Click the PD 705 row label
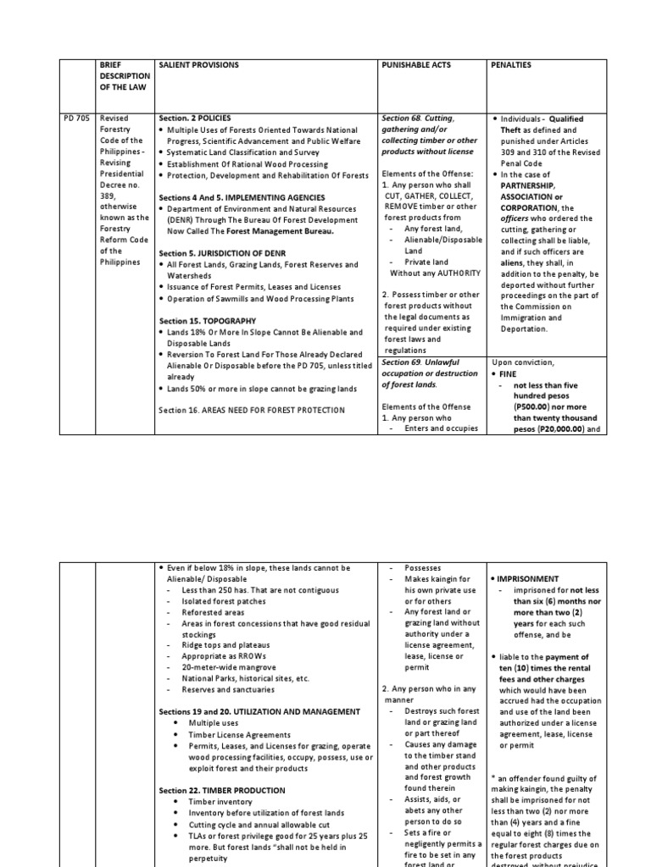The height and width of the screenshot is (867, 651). click(75, 119)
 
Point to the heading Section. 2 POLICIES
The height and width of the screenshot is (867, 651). click(195, 119)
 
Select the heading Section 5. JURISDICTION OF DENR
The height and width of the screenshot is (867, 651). click(220, 253)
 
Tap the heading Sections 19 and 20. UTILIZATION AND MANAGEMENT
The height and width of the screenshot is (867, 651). click(259, 711)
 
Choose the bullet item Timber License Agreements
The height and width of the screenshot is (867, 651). click(227, 735)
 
